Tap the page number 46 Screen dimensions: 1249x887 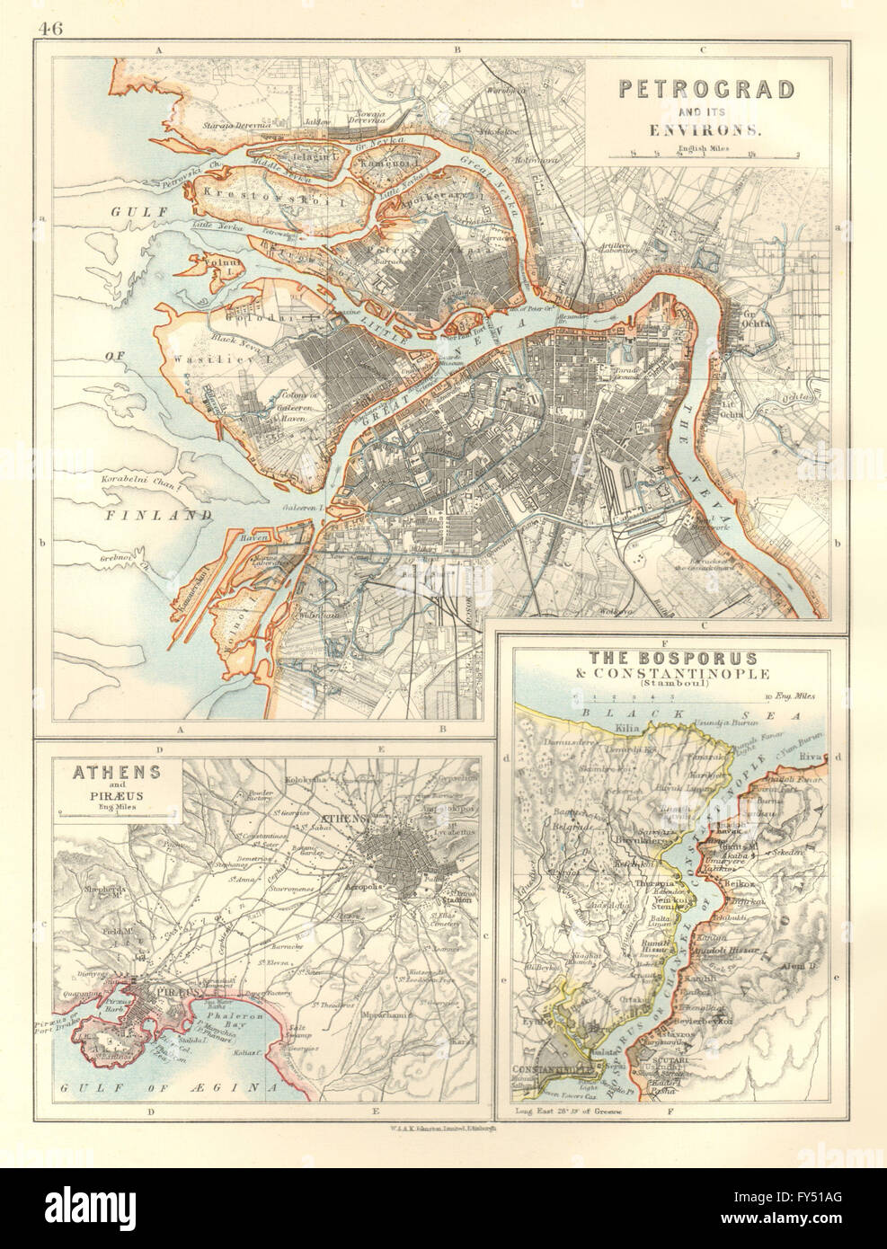[52, 10]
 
